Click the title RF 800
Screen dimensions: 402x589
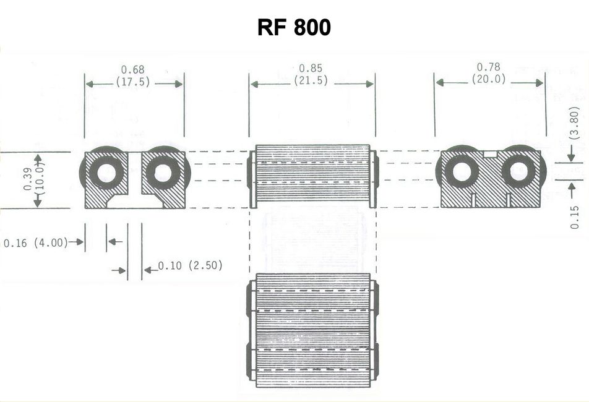pyautogui.click(x=294, y=28)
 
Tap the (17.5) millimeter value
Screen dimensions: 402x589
pyautogui.click(x=132, y=82)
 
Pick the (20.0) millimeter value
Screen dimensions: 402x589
pyautogui.click(x=489, y=79)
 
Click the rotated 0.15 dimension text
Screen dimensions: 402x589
pyautogui.click(x=575, y=217)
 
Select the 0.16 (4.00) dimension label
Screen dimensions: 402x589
pyautogui.click(x=35, y=242)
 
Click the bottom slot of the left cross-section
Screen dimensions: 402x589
pyautogui.click(x=134, y=202)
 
